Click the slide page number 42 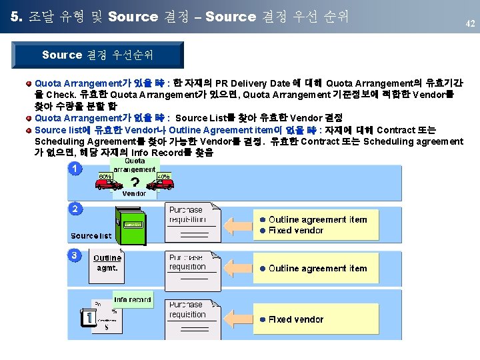(470, 24)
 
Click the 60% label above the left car (105, 177)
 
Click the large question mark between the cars (135, 183)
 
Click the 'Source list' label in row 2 (91, 236)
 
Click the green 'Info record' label (133, 300)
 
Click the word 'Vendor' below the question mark (134, 194)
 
